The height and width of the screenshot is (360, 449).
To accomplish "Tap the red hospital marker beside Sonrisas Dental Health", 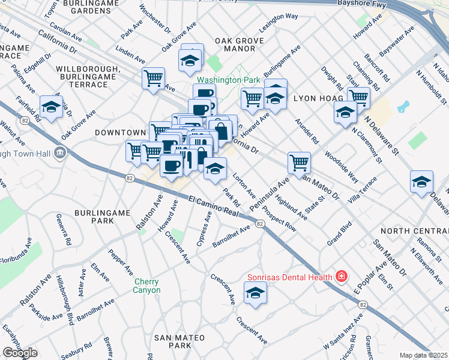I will tap(342, 277).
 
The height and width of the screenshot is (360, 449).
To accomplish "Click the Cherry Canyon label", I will tap(146, 286).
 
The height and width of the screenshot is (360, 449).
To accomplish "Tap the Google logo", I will tap(20, 353).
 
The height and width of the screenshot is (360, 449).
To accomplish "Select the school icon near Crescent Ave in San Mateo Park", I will tap(255, 293).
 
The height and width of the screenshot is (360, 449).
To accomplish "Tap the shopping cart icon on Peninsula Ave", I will tap(299, 161).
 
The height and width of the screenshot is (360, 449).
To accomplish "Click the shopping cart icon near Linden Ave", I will tap(154, 77).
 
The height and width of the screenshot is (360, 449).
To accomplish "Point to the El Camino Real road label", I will tap(214, 206).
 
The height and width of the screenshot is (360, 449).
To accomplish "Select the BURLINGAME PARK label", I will tap(95, 217).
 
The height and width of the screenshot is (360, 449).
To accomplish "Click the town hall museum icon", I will tap(60, 152).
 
